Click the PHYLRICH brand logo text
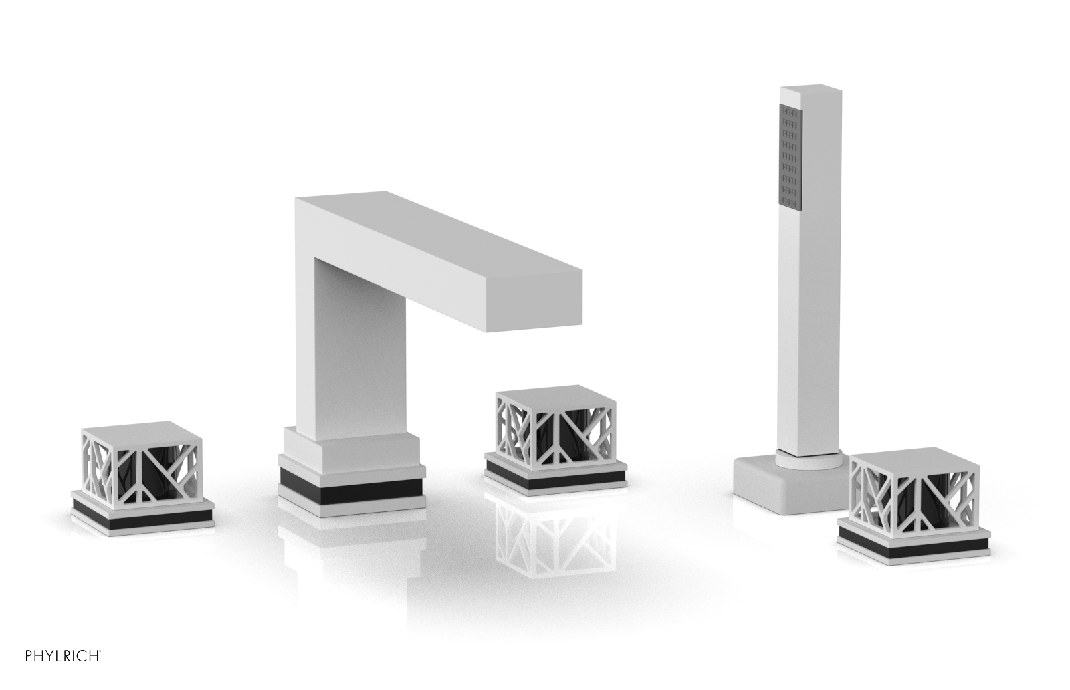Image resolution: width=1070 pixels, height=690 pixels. (x=63, y=656)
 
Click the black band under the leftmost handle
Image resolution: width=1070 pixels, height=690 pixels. (x=142, y=517)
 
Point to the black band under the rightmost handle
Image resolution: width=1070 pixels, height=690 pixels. (x=914, y=546)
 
